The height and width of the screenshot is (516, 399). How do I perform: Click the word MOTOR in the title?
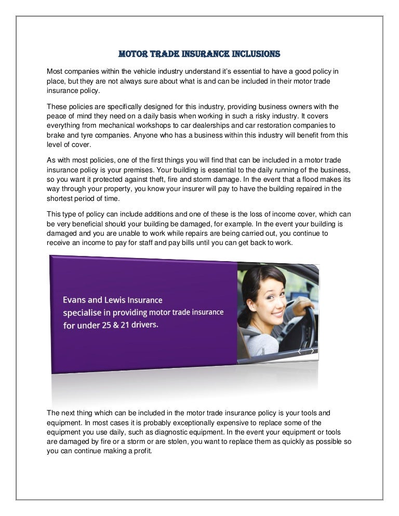pos(132,53)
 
